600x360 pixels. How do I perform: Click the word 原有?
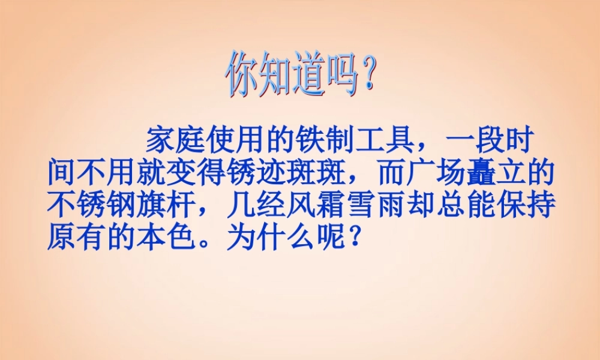tap(77, 238)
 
